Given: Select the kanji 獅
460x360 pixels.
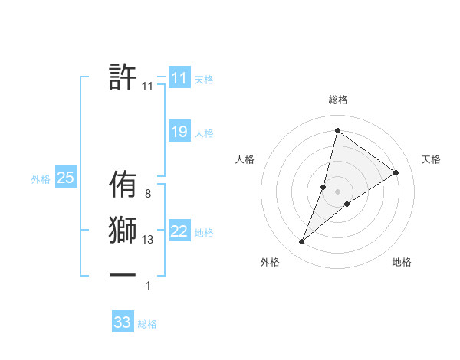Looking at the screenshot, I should (123, 231).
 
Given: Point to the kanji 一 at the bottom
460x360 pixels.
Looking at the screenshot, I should (123, 273).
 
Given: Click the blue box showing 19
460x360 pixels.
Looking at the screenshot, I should (179, 132).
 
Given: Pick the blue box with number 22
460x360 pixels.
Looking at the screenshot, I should (179, 231).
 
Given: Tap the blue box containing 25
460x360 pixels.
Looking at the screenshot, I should (65, 178).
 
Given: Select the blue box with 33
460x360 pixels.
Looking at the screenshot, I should (123, 322).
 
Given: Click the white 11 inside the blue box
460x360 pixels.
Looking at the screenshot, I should (179, 78).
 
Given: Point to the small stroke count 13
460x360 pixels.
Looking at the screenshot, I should (148, 240).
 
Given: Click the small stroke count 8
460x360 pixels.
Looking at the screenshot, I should (147, 195).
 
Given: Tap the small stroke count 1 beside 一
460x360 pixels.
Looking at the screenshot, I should (148, 286).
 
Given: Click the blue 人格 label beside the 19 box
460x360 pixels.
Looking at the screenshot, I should (204, 133).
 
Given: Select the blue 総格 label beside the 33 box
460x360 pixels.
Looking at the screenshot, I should (147, 324).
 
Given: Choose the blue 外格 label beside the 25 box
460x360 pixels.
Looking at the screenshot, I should (41, 179).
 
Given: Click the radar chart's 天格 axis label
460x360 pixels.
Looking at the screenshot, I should (431, 159).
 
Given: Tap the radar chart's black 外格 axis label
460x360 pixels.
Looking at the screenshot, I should (270, 263).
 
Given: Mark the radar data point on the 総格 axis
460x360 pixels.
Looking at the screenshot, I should (337, 130).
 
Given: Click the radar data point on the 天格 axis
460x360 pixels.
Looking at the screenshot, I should (396, 172).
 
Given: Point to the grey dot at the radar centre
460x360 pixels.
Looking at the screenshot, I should (337, 191).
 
